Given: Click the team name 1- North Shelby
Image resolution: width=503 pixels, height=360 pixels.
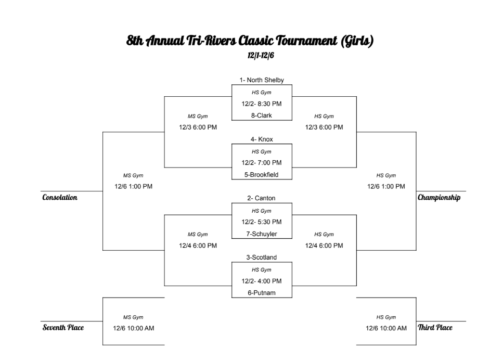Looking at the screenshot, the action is (x=262, y=80).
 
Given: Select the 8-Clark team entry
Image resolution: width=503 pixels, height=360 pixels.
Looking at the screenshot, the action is (x=261, y=115).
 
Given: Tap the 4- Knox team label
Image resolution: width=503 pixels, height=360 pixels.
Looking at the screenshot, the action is (x=261, y=139).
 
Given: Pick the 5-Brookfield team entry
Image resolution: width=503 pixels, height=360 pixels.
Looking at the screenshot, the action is (x=261, y=175).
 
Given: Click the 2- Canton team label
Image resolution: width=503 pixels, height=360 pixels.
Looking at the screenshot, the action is (x=261, y=198).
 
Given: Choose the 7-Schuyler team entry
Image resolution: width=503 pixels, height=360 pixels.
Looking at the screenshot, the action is (x=261, y=234).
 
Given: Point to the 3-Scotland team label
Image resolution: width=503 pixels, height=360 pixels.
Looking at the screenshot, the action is (x=261, y=258).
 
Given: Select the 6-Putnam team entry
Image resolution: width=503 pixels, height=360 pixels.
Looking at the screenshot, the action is (x=261, y=293).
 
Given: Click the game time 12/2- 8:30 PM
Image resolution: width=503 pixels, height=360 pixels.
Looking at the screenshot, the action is (x=261, y=104).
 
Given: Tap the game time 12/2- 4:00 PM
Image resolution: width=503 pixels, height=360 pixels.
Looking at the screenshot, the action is (x=261, y=281).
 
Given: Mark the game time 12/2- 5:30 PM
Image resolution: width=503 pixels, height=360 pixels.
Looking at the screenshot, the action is (x=261, y=222).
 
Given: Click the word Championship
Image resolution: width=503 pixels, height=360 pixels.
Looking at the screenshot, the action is (x=439, y=198).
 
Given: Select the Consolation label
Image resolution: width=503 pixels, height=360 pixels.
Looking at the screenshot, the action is (x=60, y=198).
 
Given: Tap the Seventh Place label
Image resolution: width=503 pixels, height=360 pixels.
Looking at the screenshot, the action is (x=63, y=328).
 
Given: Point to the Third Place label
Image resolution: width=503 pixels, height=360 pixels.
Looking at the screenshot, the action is (x=435, y=328).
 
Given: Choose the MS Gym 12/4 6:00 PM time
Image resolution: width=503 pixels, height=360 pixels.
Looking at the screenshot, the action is (x=198, y=246).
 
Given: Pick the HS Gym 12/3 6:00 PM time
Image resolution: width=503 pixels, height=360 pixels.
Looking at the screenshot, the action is (x=324, y=127).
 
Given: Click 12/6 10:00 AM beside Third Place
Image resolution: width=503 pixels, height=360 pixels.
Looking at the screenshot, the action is (x=386, y=328).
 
